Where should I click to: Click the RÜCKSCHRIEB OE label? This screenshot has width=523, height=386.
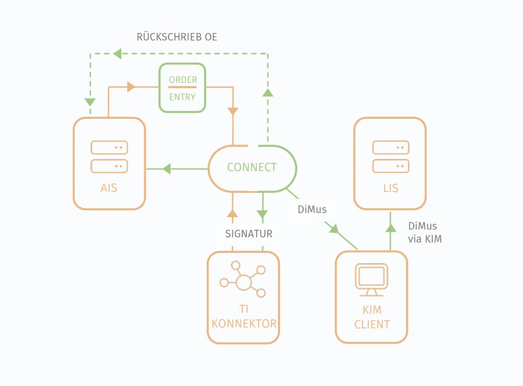click(x=177, y=36)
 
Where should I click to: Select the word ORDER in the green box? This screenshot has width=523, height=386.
click(x=183, y=80)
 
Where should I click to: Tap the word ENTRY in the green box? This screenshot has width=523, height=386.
click(x=182, y=97)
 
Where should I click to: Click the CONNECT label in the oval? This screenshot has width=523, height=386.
click(x=252, y=167)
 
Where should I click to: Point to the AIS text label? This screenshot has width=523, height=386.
click(x=109, y=188)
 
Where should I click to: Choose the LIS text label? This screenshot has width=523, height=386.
click(x=391, y=188)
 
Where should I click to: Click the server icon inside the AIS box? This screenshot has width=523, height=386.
click(x=109, y=157)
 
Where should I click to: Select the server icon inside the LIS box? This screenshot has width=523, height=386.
click(x=391, y=157)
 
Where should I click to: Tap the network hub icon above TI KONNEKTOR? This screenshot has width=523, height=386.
click(x=243, y=280)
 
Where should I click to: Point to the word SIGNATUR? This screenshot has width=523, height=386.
click(x=249, y=234)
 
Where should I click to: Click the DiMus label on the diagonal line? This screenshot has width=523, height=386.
click(x=312, y=209)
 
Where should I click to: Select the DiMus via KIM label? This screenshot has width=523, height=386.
click(x=425, y=233)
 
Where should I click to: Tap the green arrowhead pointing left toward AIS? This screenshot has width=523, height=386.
click(x=167, y=169)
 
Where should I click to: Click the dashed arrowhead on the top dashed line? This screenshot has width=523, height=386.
click(x=117, y=53)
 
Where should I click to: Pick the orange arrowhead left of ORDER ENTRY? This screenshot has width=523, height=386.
click(x=131, y=87)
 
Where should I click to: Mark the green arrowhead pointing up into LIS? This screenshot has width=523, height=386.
click(x=391, y=228)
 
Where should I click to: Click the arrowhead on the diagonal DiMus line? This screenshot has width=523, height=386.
click(x=334, y=229)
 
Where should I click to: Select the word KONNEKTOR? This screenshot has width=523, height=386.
click(x=244, y=324)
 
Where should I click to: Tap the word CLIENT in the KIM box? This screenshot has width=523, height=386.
click(x=372, y=324)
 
